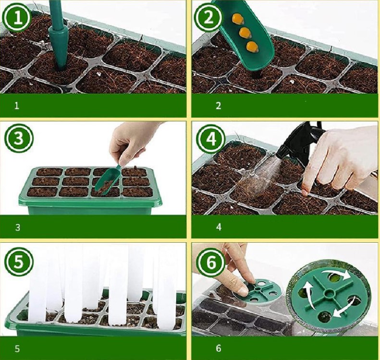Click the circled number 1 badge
click(17, 18)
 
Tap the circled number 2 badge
click(208, 18)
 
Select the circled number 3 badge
click(19, 137)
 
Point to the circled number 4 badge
click(210, 139)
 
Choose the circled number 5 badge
click(19, 261)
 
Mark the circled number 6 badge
click(210, 262)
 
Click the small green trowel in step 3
click(107, 179)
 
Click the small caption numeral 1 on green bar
click(16, 106)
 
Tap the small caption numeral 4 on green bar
click(219, 227)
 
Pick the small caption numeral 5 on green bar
click(17, 348)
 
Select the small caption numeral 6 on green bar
click(219, 348)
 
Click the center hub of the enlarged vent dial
click(329, 294)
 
